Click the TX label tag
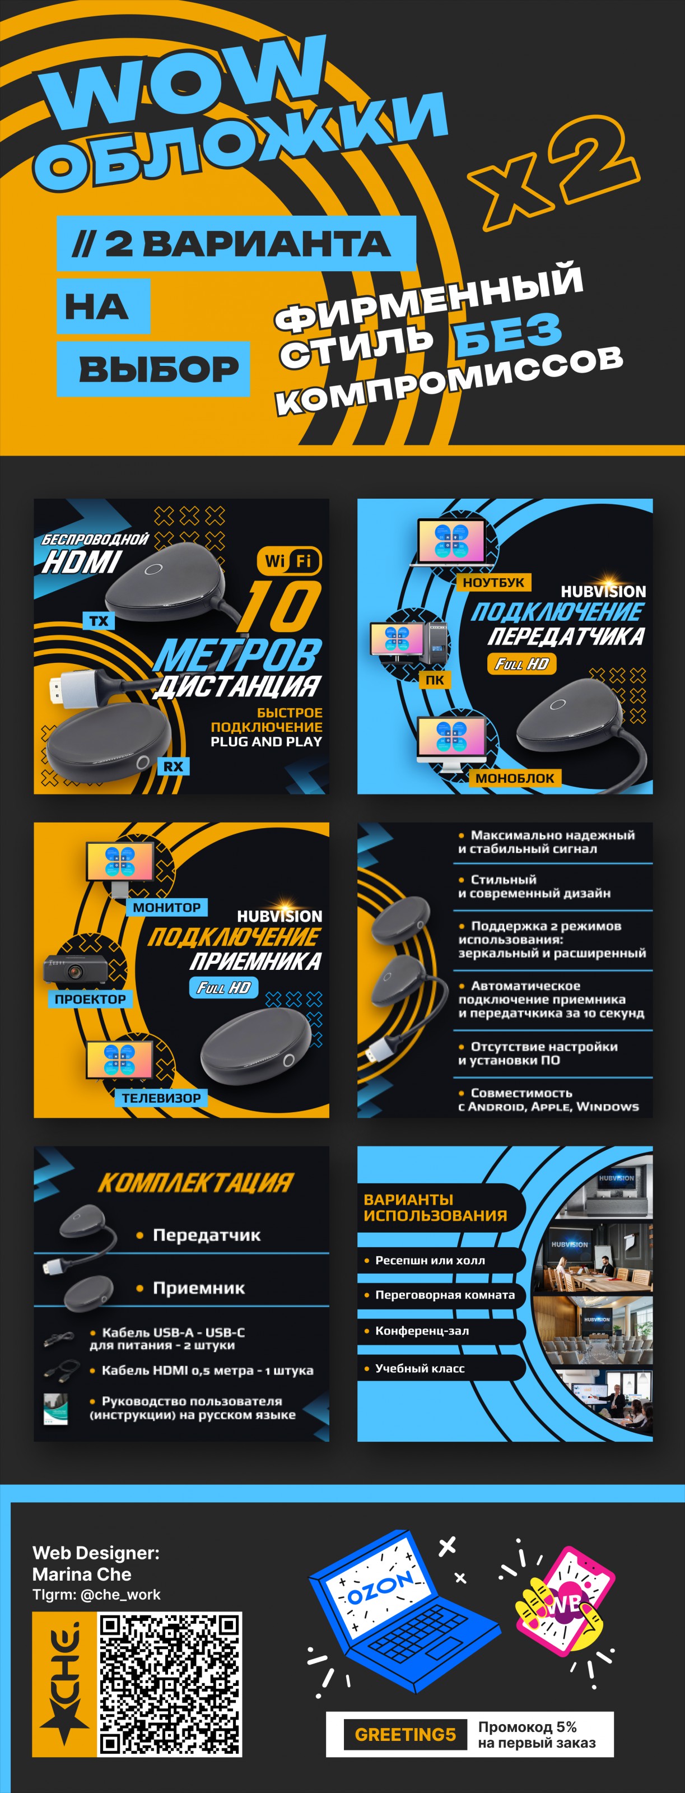pyautogui.click(x=99, y=621)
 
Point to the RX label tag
pyautogui.click(x=173, y=767)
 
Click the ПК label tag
pyautogui.click(x=435, y=680)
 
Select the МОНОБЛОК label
pyautogui.click(x=515, y=778)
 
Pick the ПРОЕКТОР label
pyautogui.click(x=90, y=999)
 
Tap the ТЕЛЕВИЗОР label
pyautogui.click(x=161, y=1098)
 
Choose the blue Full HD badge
pyautogui.click(x=224, y=987)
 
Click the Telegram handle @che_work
pyautogui.click(x=120, y=1594)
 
